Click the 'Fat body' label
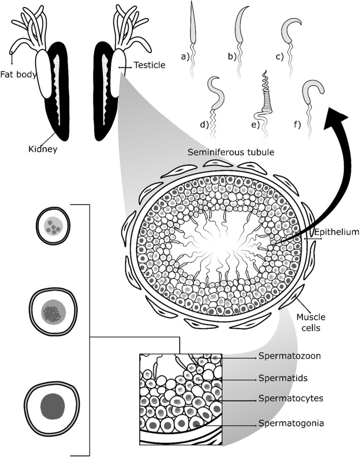[18, 75]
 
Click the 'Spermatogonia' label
[288, 422]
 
